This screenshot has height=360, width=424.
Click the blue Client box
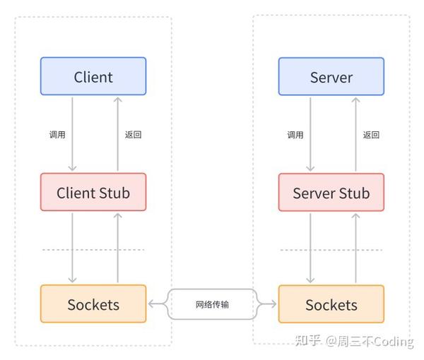[93, 76]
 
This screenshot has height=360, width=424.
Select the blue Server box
[331, 76]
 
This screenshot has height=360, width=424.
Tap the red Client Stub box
[93, 192]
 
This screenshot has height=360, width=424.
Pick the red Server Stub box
[331, 192]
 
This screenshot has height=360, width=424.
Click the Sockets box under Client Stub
[93, 304]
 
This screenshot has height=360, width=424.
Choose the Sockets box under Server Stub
[331, 304]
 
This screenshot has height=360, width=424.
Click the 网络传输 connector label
[212, 304]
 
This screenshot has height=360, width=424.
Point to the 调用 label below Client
[57, 135]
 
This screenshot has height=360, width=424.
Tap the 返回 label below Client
[132, 135]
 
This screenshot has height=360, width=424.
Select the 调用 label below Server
[295, 135]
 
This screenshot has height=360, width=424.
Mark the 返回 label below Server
[371, 135]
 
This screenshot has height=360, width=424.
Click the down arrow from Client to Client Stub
[71, 134]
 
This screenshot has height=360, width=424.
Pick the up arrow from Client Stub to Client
[117, 134]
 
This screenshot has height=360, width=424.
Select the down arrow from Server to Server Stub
[310, 134]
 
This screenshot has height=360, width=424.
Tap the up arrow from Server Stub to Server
[355, 134]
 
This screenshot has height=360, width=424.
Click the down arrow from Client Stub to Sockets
[71, 247]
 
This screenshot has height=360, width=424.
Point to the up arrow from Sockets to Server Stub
[355, 247]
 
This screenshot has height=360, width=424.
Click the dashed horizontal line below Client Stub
[93, 250]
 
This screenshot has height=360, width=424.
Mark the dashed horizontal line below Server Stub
[331, 250]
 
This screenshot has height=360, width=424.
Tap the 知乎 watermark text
[308, 342]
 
